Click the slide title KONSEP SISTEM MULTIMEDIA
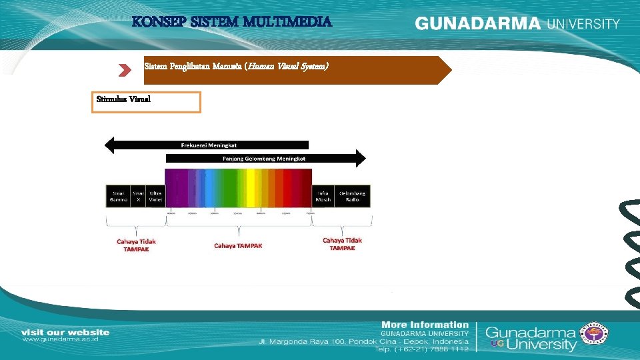[231, 22]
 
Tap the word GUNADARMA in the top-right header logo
[477, 23]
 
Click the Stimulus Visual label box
[146, 102]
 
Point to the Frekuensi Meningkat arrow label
[209, 145]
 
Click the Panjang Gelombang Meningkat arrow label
[264, 159]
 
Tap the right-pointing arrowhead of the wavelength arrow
[360, 158]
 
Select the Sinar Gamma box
[118, 197]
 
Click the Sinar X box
[139, 197]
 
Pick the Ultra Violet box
[155, 197]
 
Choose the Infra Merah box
[323, 197]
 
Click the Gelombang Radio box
[352, 197]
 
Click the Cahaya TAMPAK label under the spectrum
[238, 245]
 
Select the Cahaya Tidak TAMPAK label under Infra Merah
[342, 244]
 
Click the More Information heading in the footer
[425, 325]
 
